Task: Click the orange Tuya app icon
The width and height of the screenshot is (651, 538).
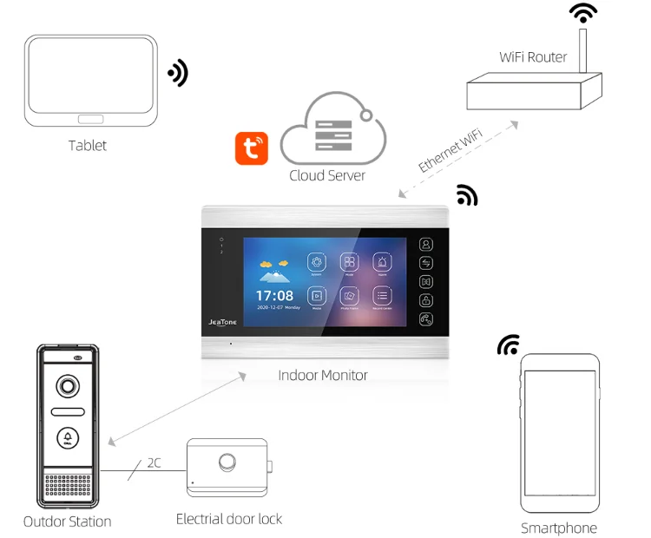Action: (252, 148)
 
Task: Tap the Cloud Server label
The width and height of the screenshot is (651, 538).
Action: (327, 175)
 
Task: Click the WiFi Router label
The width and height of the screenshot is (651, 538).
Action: (533, 57)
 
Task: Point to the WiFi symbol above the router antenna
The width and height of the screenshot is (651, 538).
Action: (583, 13)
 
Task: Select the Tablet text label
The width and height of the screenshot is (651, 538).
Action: (88, 145)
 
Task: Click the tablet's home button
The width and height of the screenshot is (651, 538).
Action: (90, 119)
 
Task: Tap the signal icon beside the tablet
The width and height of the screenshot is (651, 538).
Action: (178, 73)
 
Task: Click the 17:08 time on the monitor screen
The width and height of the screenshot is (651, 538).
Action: (274, 296)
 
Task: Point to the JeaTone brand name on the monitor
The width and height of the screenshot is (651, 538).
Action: (222, 322)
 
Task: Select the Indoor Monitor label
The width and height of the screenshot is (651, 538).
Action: (323, 376)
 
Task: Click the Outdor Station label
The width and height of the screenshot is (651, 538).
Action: (67, 522)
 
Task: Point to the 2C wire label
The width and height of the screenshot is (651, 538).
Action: (154, 463)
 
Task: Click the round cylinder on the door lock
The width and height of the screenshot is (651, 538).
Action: (227, 462)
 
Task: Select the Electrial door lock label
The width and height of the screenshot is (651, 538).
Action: (229, 519)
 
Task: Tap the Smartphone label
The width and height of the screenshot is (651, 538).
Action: (559, 528)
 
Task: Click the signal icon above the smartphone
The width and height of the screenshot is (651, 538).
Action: (509, 344)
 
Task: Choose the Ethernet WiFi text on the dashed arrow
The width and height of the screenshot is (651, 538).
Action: (450, 150)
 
